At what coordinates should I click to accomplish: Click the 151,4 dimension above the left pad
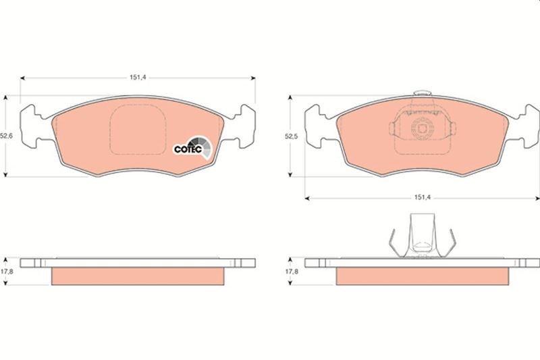tap(138, 78)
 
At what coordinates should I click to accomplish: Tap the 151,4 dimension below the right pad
tap(423, 198)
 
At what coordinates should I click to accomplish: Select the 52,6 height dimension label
tap(6, 136)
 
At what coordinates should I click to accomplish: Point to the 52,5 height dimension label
tap(291, 136)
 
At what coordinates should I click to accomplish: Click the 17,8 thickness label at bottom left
tap(7, 272)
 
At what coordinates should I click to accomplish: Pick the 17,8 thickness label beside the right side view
tap(292, 272)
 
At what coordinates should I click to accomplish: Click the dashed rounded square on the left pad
tap(138, 130)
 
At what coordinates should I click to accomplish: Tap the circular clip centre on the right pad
tap(423, 128)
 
